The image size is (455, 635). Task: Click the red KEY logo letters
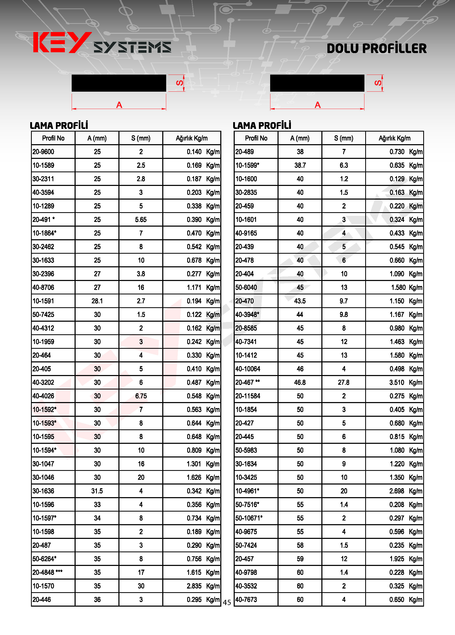click(62, 43)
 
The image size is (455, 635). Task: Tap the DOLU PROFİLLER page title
click(376, 48)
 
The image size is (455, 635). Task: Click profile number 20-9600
click(43, 152)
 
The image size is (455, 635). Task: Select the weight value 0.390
click(194, 220)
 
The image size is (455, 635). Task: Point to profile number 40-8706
click(43, 288)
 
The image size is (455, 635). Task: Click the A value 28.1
click(97, 301)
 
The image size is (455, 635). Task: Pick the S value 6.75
click(141, 396)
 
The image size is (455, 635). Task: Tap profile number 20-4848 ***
click(47, 572)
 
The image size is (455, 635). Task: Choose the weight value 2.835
click(194, 586)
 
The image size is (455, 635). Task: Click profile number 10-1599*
click(247, 165)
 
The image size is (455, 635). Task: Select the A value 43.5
click(300, 301)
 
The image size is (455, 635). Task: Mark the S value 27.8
click(344, 382)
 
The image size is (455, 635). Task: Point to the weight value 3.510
click(397, 382)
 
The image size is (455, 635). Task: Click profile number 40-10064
click(248, 369)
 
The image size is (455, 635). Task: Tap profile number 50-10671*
click(249, 518)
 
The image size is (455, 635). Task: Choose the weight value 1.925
click(397, 559)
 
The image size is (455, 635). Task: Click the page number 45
click(227, 602)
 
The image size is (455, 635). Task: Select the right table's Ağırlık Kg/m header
click(395, 138)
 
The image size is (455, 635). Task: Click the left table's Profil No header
click(53, 138)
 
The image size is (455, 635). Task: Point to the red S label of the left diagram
click(180, 83)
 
